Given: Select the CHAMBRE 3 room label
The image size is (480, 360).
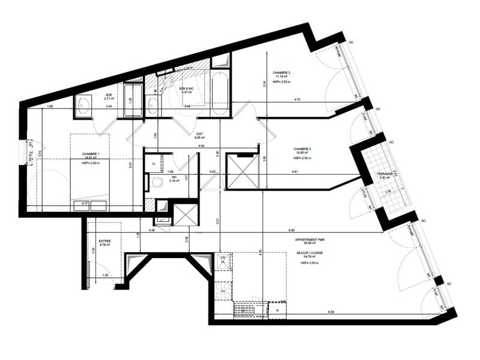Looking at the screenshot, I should pyautogui.click(x=301, y=149).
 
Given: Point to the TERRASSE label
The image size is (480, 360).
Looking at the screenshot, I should pyautogui.click(x=385, y=174).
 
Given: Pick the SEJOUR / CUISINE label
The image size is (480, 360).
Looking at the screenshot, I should pyautogui.click(x=310, y=253).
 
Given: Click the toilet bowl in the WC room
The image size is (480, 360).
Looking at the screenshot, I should pyautogui.click(x=155, y=184).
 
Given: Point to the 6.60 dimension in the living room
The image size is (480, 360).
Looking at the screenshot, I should pyautogui.click(x=292, y=230).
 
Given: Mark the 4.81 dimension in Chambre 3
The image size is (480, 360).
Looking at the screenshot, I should pyautogui.click(x=295, y=172).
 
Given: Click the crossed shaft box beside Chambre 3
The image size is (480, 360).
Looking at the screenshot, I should pyautogui.click(x=242, y=172).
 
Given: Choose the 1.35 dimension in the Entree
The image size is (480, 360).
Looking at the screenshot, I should pyautogui.click(x=106, y=275).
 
